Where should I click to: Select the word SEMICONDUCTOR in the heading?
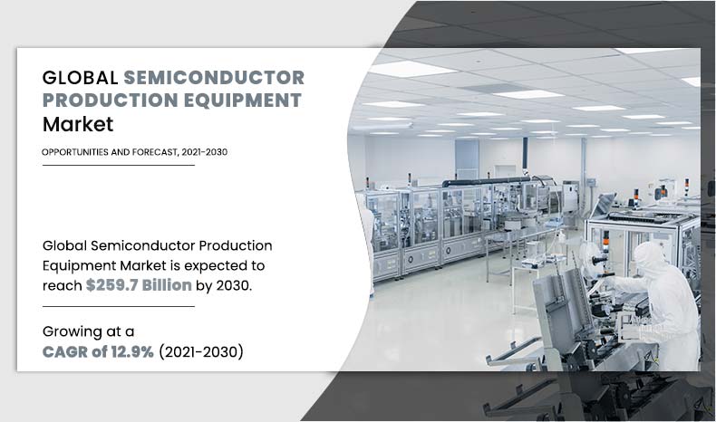213,77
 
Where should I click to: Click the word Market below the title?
78,125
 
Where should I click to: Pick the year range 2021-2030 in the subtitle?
204,151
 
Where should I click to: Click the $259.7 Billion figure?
139,285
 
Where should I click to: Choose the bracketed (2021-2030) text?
201,351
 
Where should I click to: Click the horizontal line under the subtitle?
118,166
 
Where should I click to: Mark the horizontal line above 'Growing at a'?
118,307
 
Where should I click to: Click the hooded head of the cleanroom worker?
651,260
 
